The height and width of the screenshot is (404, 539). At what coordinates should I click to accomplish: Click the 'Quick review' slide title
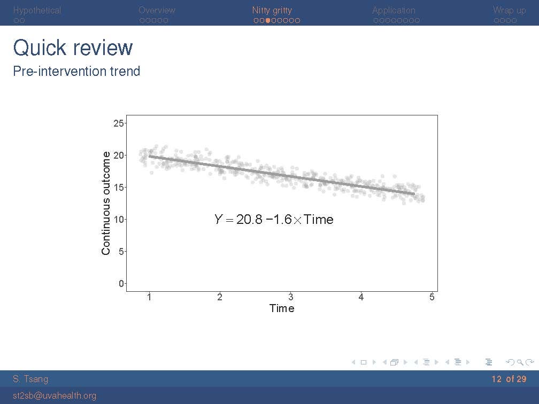pyautogui.click(x=73, y=48)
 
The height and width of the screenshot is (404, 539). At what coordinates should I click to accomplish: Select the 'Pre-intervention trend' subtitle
pyautogui.click(x=76, y=71)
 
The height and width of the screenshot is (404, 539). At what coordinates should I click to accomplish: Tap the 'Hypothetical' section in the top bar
pyautogui.click(x=37, y=10)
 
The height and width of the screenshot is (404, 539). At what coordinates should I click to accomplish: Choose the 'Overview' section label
pyautogui.click(x=157, y=10)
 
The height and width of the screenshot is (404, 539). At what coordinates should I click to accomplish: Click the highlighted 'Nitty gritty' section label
pyautogui.click(x=272, y=10)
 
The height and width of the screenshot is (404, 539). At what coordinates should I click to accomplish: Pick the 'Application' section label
pyautogui.click(x=394, y=10)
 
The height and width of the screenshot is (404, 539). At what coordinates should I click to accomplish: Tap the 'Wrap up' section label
pyautogui.click(x=509, y=10)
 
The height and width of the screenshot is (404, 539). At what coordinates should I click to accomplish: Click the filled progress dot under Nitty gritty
pyautogui.click(x=268, y=21)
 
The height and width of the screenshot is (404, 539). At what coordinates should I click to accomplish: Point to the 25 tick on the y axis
pyautogui.click(x=119, y=123)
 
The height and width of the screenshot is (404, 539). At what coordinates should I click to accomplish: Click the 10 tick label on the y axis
pyautogui.click(x=119, y=219)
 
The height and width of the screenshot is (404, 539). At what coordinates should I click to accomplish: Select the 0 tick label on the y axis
pyautogui.click(x=121, y=283)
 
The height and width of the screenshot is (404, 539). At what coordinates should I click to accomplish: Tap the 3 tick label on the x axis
pyautogui.click(x=290, y=297)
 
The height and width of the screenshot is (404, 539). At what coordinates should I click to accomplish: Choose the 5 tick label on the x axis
pyautogui.click(x=432, y=297)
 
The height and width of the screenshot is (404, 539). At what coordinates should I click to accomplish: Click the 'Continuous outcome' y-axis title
pyautogui.click(x=106, y=204)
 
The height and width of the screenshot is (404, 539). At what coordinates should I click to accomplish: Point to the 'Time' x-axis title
pyautogui.click(x=282, y=308)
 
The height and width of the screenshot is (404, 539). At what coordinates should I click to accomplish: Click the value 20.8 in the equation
pyautogui.click(x=249, y=219)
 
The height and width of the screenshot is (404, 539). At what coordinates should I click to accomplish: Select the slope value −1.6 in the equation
pyautogui.click(x=279, y=219)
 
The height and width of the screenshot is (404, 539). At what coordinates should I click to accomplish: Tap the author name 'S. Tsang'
pyautogui.click(x=30, y=379)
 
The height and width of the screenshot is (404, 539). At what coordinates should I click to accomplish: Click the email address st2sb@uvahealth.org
pyautogui.click(x=55, y=396)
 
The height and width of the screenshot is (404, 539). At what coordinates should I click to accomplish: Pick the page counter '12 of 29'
pyautogui.click(x=509, y=379)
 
